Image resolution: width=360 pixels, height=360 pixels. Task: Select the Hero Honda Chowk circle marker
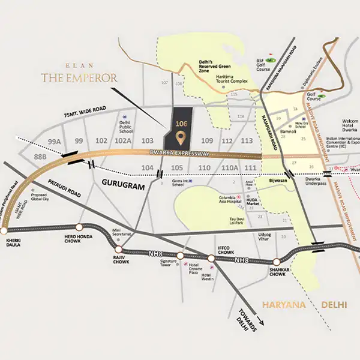(x=80, y=227)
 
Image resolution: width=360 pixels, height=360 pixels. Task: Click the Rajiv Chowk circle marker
(x=119, y=248)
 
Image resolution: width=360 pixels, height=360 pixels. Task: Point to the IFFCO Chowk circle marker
(x=211, y=258)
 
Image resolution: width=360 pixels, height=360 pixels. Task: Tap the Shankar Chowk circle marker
(x=277, y=262)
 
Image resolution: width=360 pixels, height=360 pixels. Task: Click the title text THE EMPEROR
(x=79, y=77)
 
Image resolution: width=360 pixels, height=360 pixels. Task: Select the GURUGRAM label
(x=123, y=187)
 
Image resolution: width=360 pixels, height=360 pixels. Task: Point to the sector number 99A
(x=55, y=141)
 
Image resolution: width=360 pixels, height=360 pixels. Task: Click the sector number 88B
(x=40, y=157)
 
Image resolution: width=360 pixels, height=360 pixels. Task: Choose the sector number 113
(x=247, y=141)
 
